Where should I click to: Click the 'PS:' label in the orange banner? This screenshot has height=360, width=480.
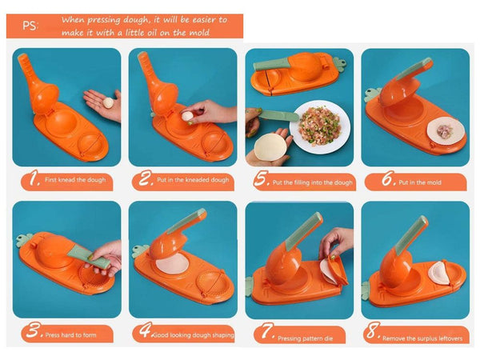tap(30, 26)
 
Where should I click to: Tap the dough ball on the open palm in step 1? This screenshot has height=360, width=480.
tap(108, 102)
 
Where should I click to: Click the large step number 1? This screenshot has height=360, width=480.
tap(34, 178)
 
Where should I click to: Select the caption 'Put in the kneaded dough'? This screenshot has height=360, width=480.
tap(193, 180)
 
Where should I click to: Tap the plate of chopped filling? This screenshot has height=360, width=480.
tap(320, 126)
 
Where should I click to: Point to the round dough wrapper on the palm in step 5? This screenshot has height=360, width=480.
tap(270, 147)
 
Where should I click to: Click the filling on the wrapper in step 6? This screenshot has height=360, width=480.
tap(442, 131)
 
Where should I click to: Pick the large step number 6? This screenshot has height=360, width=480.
tap(389, 178)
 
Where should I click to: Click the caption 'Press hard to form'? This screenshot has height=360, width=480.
tap(70, 335)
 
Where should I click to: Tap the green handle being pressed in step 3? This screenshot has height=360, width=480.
tap(88, 258)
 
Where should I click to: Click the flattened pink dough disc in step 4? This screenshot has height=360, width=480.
tap(172, 265)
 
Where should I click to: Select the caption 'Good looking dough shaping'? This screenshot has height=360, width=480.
tap(194, 335)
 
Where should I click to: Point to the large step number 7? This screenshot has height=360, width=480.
tap(268, 331)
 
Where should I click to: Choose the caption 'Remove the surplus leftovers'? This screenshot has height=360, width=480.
tap(422, 338)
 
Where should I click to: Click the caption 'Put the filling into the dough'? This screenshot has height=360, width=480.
tap(313, 182)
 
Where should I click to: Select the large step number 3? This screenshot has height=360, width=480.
tap(33, 330)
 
